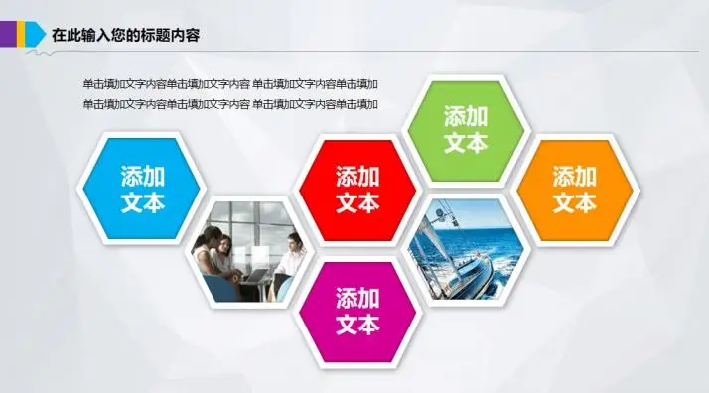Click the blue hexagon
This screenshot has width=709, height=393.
(x=142, y=190)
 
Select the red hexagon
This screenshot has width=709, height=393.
(x=357, y=190)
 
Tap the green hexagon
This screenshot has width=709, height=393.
(x=466, y=129)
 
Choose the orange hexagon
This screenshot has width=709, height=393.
(x=574, y=190)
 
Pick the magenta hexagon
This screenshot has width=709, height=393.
(x=357, y=311)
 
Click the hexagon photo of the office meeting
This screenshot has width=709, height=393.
(x=250, y=250)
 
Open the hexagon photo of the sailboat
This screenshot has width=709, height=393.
(x=466, y=250)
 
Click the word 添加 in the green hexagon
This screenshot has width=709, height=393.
(x=466, y=115)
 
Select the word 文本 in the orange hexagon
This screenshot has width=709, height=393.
(x=574, y=203)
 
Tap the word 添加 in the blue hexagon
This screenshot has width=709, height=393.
(x=142, y=176)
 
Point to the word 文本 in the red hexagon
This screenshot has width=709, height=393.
(x=357, y=203)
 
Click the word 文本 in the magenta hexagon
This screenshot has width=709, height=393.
(x=357, y=325)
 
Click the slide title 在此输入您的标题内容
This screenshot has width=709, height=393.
(x=126, y=35)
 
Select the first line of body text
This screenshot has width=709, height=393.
(x=230, y=84)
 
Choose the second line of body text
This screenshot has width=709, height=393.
(x=230, y=104)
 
